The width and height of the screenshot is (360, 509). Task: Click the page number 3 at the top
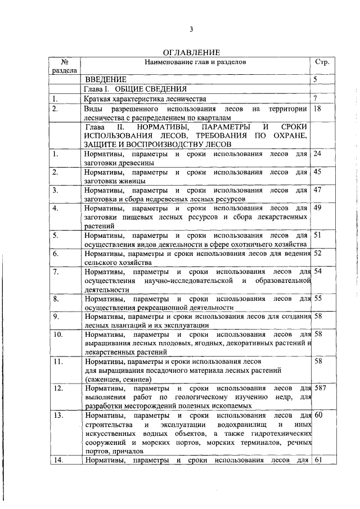191,29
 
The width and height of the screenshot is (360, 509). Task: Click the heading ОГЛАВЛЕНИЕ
191,52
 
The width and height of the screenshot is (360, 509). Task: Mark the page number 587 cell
319,388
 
